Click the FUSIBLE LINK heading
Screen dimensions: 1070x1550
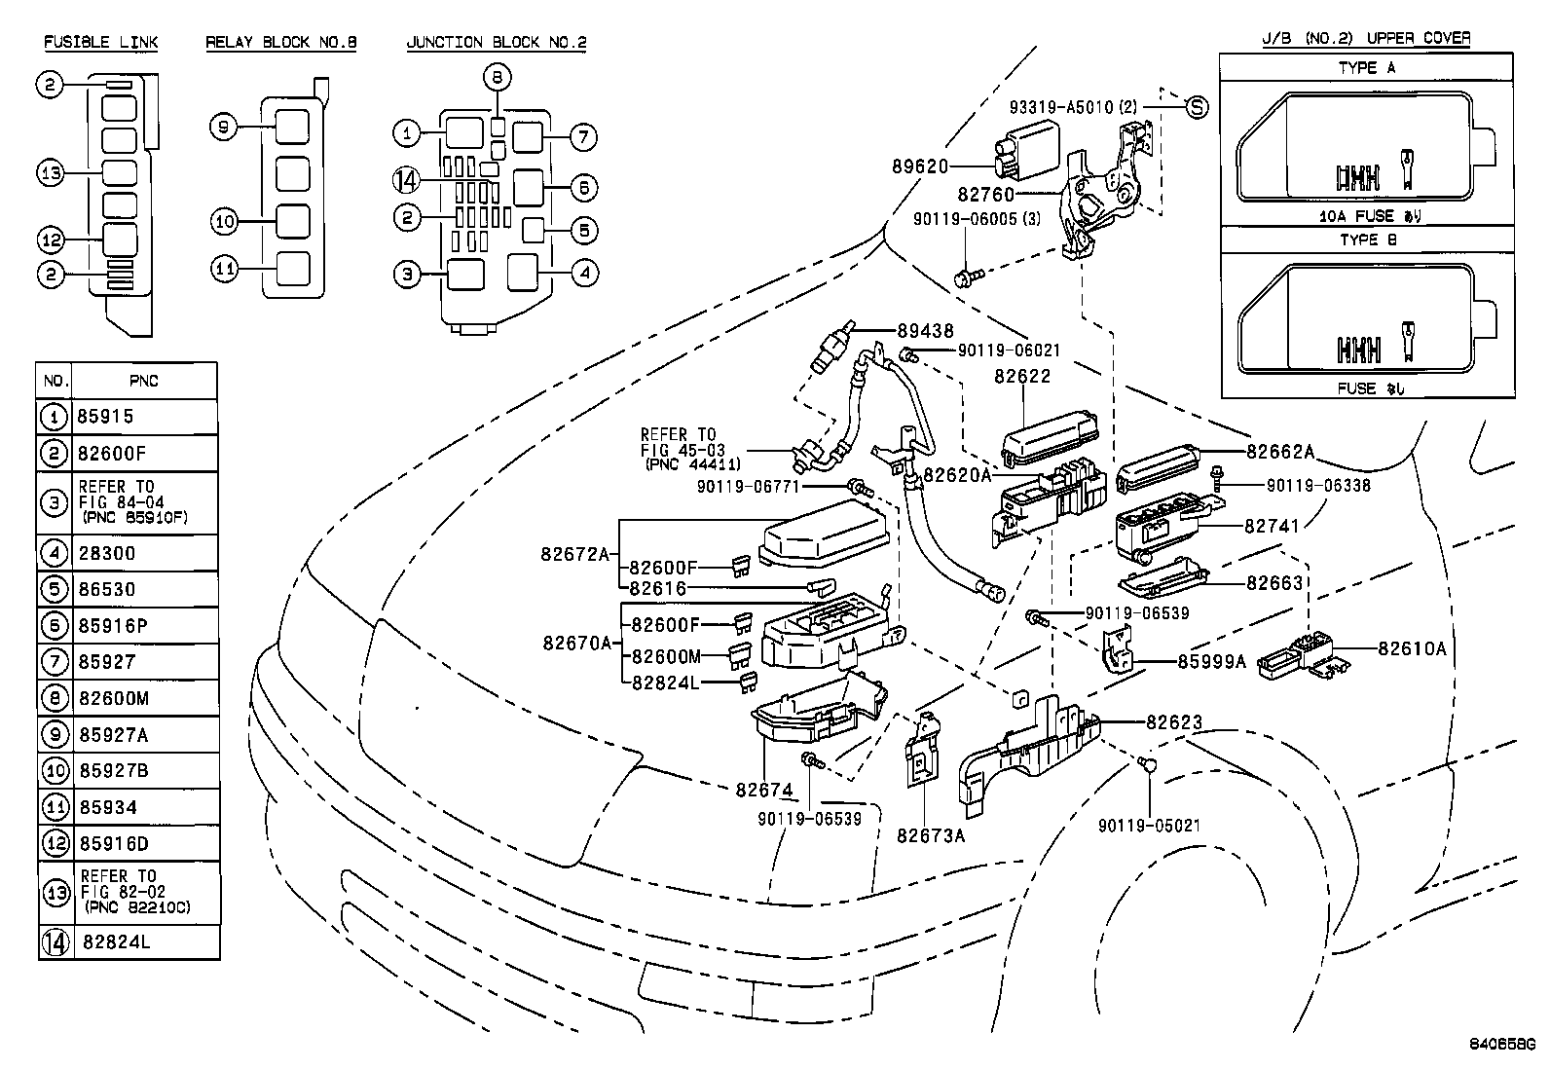point(101,42)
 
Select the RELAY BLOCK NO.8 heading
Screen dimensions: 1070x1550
point(281,42)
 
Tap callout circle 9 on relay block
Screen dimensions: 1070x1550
point(224,127)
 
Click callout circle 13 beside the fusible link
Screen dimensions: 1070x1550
point(51,173)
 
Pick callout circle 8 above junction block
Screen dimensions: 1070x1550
point(497,77)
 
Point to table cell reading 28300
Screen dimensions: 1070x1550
point(107,553)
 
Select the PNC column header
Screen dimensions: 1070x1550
point(143,381)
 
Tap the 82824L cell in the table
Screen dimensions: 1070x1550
point(117,941)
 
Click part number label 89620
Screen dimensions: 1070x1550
point(920,166)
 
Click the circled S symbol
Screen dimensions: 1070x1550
point(1197,107)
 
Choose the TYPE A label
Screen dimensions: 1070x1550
point(1367,67)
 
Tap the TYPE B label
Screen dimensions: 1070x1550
point(1367,240)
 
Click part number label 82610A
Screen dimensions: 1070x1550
point(1412,648)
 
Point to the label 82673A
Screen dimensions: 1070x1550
point(931,834)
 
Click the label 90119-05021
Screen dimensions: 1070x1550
point(1149,826)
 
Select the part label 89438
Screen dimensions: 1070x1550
point(925,332)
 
